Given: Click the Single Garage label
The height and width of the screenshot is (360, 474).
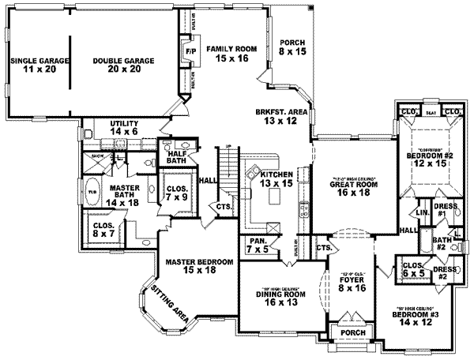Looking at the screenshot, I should coord(36,65).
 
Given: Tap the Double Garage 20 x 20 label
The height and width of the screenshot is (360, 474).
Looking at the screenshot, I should coord(122,65).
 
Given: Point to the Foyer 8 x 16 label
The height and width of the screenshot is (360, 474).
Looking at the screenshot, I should coord(351,283).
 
